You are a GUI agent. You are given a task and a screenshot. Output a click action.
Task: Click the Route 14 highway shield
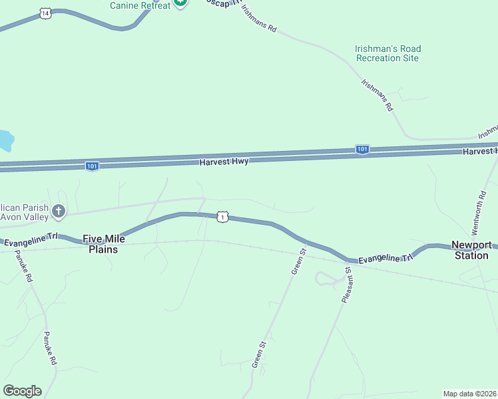(45, 13)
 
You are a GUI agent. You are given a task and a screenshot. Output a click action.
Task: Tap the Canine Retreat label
(140, 5)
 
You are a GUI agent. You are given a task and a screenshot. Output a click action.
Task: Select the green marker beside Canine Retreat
(180, 3)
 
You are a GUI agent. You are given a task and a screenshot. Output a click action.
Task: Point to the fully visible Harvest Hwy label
(224, 162)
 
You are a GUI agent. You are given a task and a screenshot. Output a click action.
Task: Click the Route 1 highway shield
(223, 217)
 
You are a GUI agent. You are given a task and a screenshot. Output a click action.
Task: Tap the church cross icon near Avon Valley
(59, 212)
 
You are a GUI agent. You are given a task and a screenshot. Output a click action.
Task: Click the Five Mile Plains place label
(100, 244)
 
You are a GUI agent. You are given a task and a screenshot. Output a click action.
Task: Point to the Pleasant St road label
(347, 285)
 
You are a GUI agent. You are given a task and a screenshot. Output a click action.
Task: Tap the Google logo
(22, 391)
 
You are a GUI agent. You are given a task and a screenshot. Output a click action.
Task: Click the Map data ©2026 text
(469, 394)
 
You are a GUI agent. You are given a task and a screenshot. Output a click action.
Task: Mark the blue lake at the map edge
(5, 140)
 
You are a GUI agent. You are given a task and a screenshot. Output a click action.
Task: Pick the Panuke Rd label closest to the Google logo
(51, 350)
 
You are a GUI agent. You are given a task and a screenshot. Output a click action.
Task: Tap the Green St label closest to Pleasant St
(297, 261)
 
